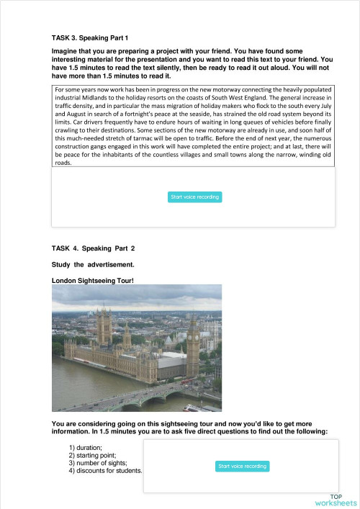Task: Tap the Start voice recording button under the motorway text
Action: click(x=195, y=197)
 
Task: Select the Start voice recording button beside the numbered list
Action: click(x=242, y=467)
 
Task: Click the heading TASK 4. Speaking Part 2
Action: click(x=93, y=248)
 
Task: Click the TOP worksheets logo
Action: click(x=336, y=500)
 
